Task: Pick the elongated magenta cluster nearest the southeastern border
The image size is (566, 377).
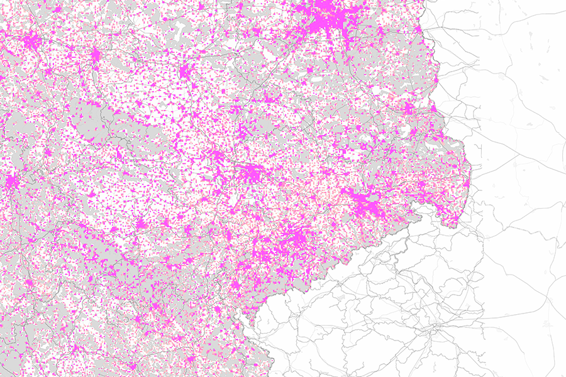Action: click(x=365, y=204)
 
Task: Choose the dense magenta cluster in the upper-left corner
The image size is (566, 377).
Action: click(x=31, y=43)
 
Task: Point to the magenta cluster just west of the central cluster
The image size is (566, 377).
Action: click(x=218, y=157)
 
